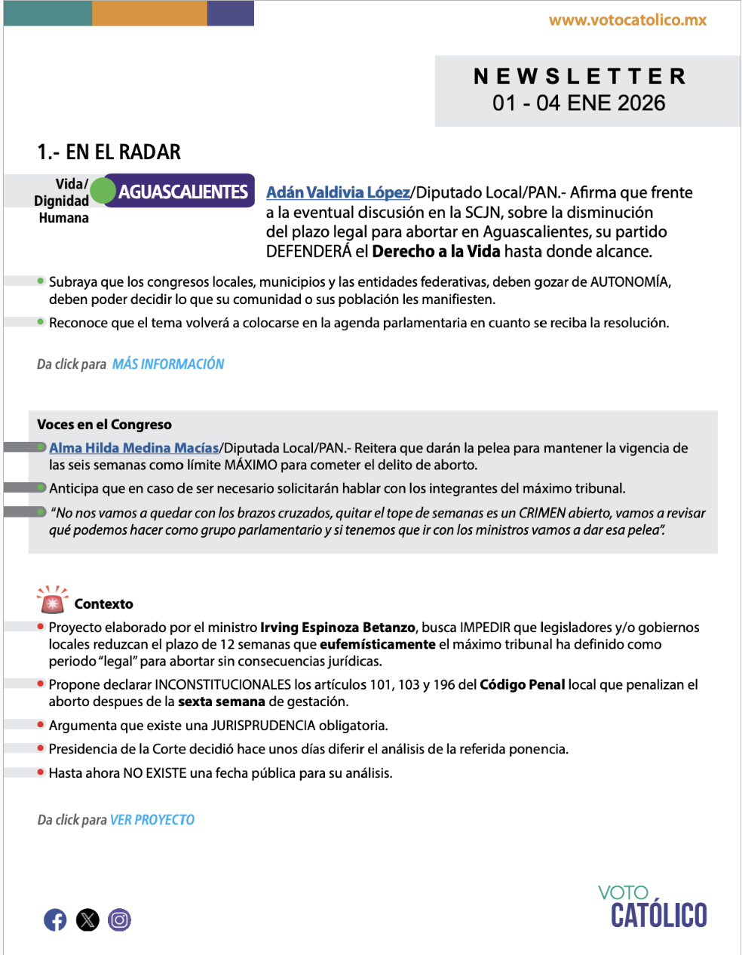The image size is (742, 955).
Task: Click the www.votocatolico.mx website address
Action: [x=627, y=20]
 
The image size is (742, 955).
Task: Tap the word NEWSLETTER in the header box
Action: [x=579, y=76]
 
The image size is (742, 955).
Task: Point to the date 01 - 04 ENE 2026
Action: [x=579, y=103]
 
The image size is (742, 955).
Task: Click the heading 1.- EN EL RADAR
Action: [x=109, y=152]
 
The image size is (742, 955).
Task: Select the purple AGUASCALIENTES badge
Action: [x=182, y=192]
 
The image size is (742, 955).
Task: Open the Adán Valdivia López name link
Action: [x=338, y=192]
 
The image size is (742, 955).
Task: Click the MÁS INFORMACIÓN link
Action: [x=168, y=364]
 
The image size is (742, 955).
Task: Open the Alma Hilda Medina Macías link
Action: [x=133, y=448]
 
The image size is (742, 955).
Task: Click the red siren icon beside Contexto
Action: [x=52, y=600]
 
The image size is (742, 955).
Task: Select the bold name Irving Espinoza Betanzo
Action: [x=338, y=628]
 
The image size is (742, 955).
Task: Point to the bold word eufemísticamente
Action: [x=378, y=644]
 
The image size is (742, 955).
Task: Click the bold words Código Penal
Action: [x=522, y=685]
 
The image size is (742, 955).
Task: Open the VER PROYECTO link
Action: [x=152, y=820]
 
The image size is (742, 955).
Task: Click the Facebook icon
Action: [x=55, y=920]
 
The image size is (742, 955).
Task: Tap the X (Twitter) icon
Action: [x=87, y=920]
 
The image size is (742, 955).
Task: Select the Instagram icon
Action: [x=119, y=920]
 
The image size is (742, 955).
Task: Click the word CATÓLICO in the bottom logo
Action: [x=658, y=915]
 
